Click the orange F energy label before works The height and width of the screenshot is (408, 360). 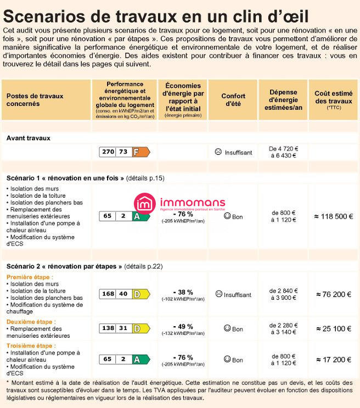(141, 152)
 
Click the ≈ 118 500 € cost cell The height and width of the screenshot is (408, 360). (333, 216)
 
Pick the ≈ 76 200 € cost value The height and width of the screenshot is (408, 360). (333, 294)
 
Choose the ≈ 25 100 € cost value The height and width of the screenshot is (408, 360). (333, 328)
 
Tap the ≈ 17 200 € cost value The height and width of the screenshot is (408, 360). (333, 360)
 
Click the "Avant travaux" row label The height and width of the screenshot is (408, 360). (29, 138)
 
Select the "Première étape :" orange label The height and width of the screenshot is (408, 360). (30, 277)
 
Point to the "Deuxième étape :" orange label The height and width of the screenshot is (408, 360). (31, 322)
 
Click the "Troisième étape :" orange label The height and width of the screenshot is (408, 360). (31, 346)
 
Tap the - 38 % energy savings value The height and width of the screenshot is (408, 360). (183, 292)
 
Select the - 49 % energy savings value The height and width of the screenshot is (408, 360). (183, 326)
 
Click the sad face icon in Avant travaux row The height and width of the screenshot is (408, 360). (218, 152)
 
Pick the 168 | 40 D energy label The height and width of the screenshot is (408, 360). (124, 294)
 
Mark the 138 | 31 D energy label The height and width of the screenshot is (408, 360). (124, 328)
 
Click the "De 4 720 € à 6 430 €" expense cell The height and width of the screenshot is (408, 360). (283, 152)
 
